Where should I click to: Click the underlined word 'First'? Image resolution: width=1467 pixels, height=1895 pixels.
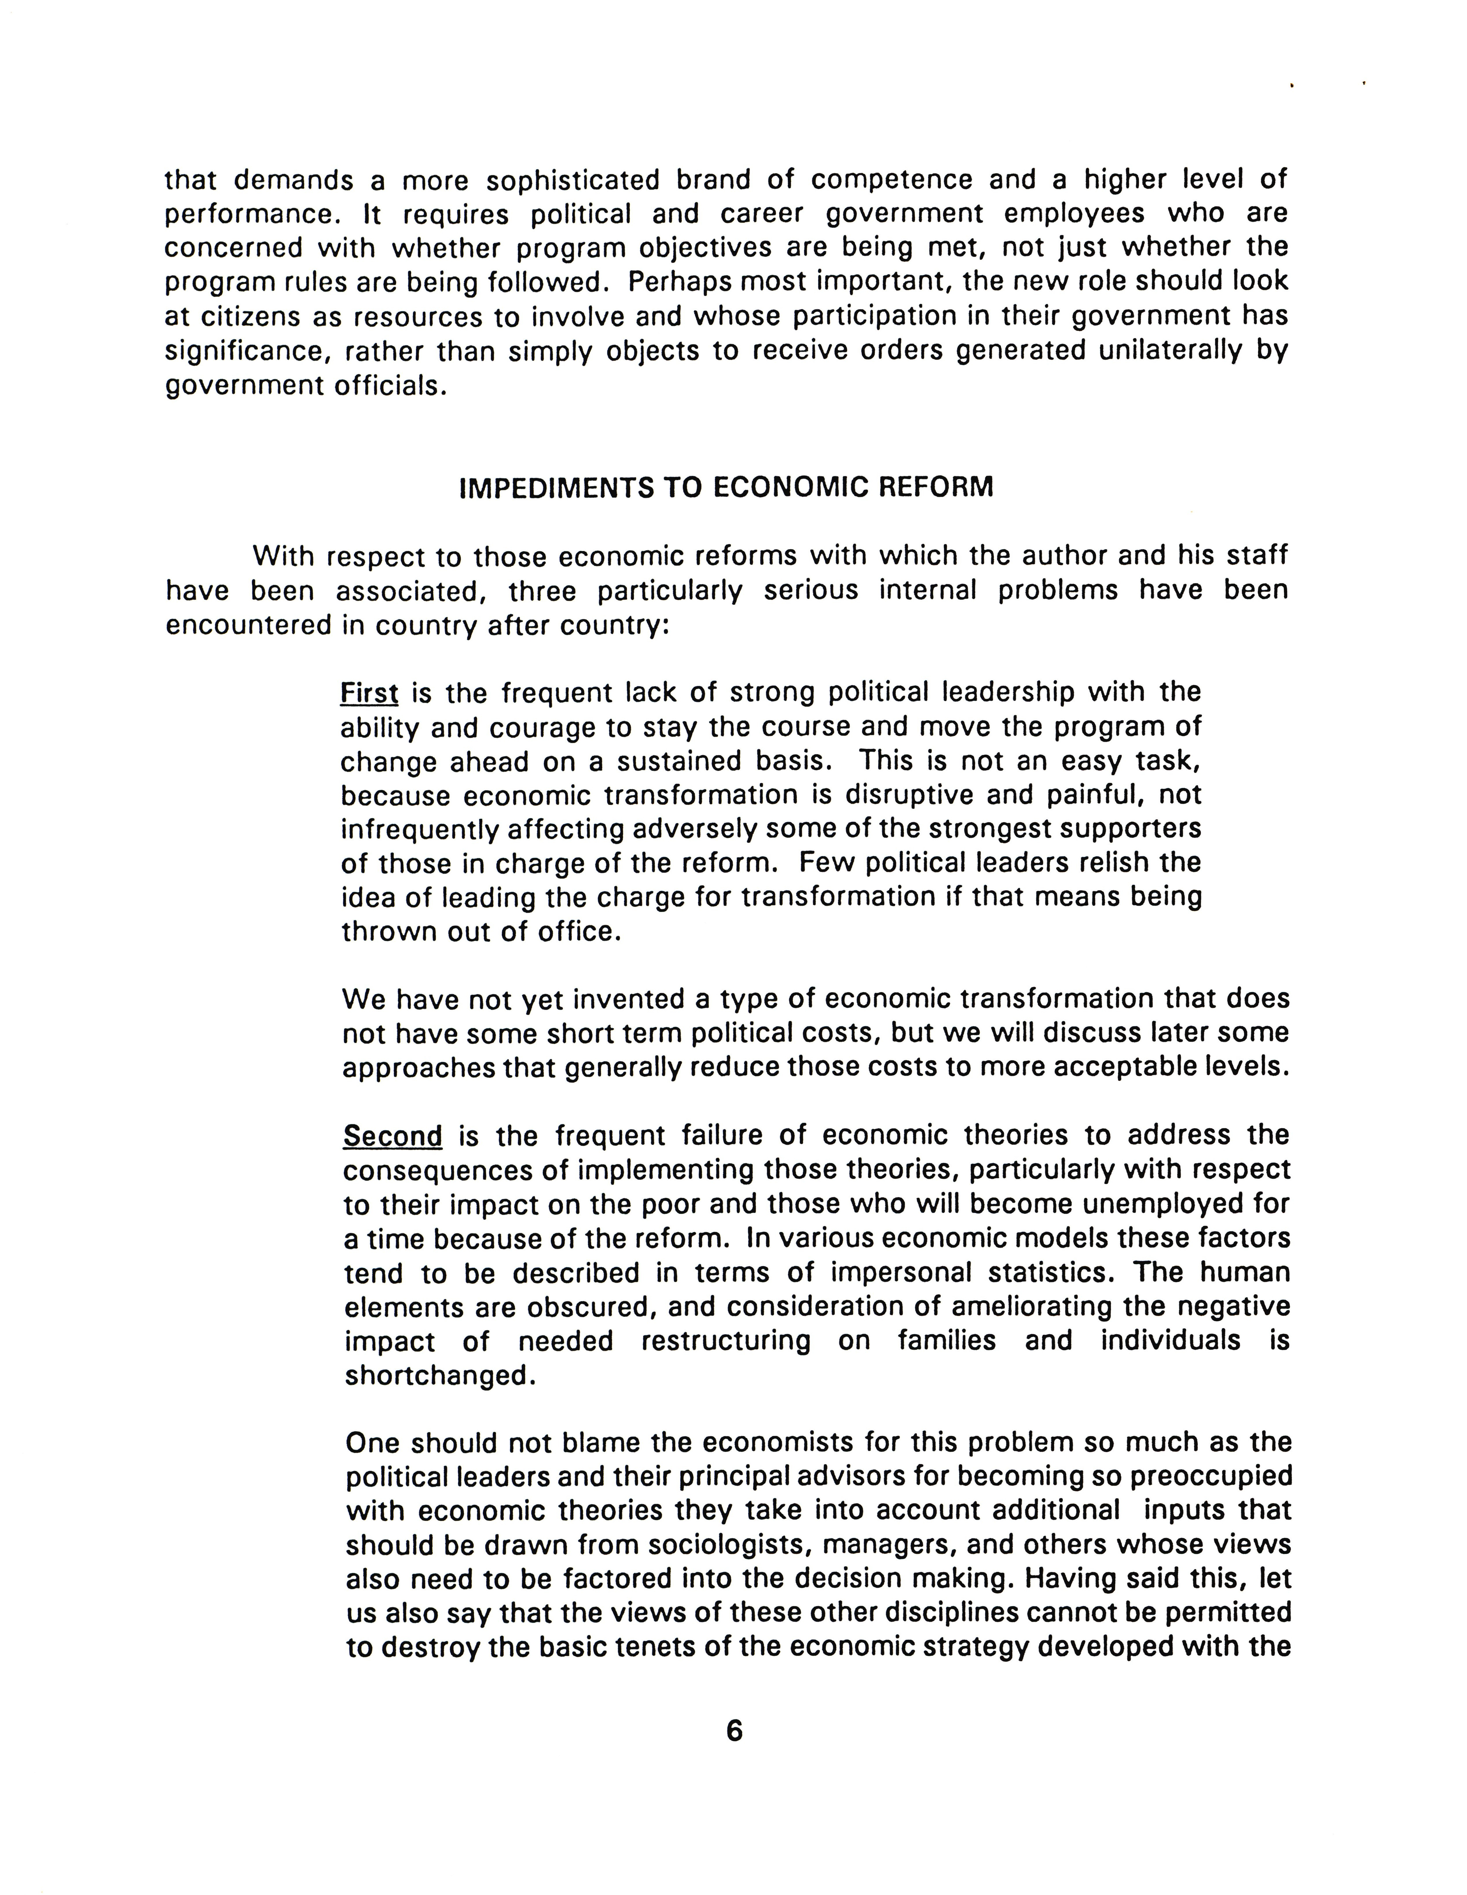click(x=369, y=693)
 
